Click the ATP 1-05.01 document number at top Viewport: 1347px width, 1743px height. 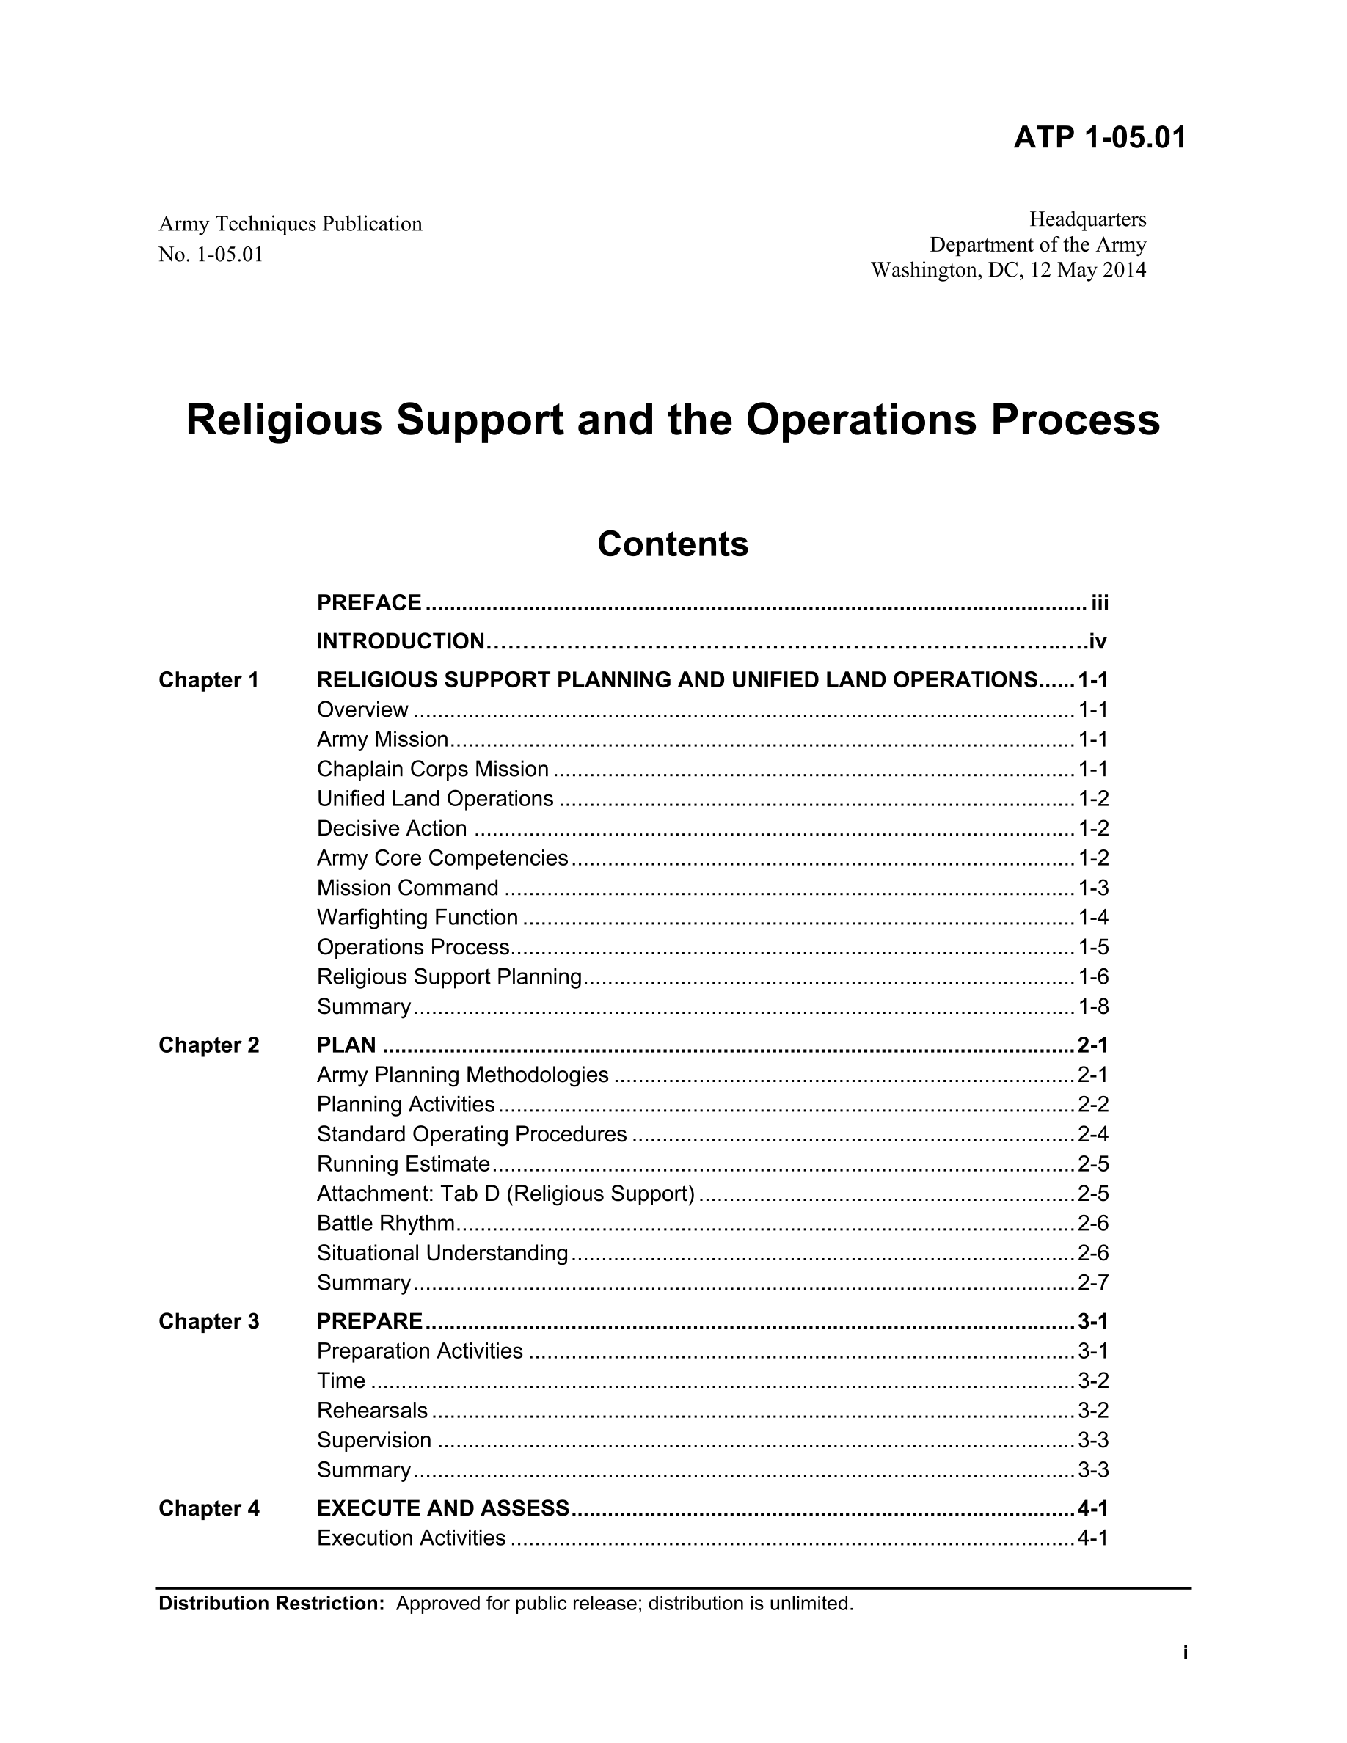tap(1099, 138)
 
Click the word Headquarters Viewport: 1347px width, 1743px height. tap(1087, 219)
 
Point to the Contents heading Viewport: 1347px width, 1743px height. tap(673, 544)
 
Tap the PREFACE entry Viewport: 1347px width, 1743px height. tap(369, 602)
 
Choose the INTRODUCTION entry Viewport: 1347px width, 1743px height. tap(400, 641)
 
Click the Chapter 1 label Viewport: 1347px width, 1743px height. tap(208, 680)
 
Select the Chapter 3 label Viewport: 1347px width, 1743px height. tap(208, 1322)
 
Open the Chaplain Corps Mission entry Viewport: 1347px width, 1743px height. tap(433, 769)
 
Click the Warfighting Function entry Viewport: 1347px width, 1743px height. tap(417, 917)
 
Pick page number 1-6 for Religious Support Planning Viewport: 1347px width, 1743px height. tap(1092, 977)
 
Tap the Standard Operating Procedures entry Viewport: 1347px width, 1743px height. tap(472, 1134)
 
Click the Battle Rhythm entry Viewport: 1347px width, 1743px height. tap(385, 1224)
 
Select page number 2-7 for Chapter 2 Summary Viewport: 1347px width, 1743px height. tap(1092, 1282)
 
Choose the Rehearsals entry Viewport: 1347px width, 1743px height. tap(372, 1410)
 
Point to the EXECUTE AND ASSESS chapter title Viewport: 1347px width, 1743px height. tap(443, 1508)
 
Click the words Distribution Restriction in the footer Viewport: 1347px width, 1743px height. tap(271, 1604)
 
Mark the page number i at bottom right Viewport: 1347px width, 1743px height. tap(1185, 1653)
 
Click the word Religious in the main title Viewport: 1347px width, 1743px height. tap(284, 420)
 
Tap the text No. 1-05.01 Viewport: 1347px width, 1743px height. tap(211, 255)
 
